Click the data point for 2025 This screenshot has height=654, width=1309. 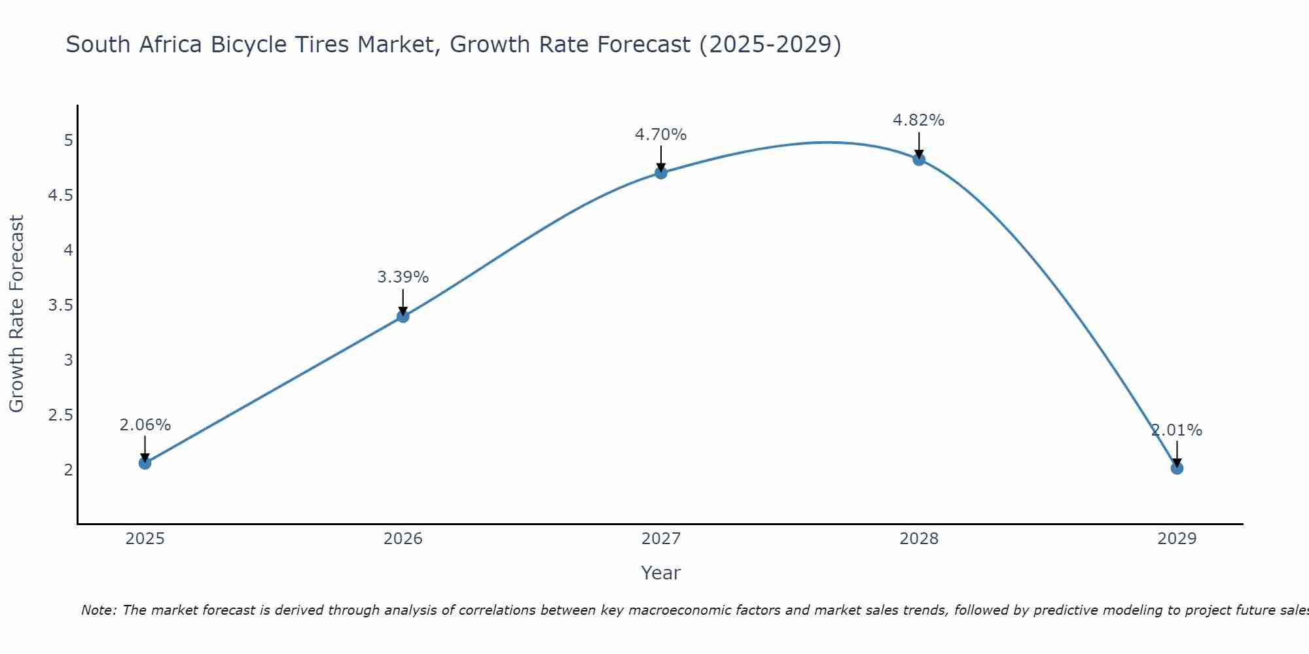145,463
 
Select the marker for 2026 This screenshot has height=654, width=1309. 403,317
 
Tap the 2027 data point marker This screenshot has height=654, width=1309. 660,173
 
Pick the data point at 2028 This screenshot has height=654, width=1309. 918,159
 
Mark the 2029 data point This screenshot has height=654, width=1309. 1176,468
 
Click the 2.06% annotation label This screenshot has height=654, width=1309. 145,425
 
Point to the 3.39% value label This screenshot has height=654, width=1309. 403,277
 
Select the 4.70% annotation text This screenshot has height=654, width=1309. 660,135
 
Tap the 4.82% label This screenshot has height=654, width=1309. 918,120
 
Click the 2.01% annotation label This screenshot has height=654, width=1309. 1176,430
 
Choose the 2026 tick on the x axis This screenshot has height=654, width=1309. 403,539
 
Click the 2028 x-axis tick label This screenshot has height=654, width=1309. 918,539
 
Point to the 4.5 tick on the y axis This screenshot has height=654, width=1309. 61,196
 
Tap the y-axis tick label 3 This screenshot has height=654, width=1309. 68,360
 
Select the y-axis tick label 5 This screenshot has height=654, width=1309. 68,141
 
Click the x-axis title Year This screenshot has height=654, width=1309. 660,573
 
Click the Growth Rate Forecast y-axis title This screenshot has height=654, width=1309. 16,314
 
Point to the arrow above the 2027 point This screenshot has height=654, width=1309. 660,157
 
